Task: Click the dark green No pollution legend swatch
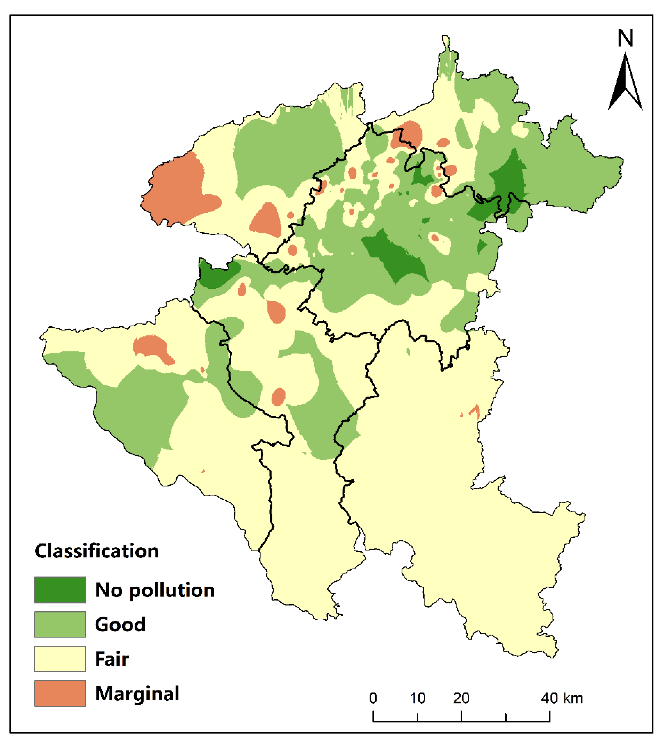coord(60,590)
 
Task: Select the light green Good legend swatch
coord(60,624)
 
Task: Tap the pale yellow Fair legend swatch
coord(60,659)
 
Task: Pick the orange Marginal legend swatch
coord(60,693)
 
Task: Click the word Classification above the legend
coord(97,551)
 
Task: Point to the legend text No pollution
coord(155,590)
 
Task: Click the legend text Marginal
coord(137,694)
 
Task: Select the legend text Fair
coord(112,659)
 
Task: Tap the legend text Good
coord(120,624)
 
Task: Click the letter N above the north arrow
coord(625,38)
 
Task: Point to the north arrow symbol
coord(625,82)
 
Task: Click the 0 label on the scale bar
coord(373,698)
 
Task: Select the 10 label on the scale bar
coord(417,698)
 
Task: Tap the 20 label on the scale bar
coord(461,698)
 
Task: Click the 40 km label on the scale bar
coord(562,698)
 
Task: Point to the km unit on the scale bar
coord(573,698)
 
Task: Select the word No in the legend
coord(108,590)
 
